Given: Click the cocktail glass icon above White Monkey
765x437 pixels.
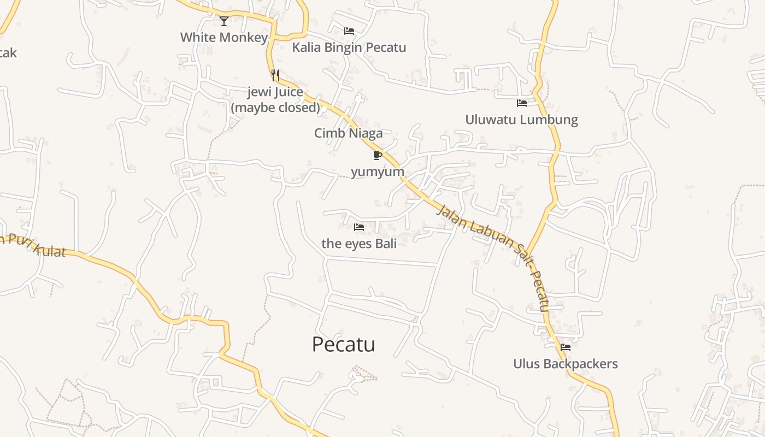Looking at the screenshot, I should [x=224, y=21].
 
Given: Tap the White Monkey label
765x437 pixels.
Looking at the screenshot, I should [x=224, y=38].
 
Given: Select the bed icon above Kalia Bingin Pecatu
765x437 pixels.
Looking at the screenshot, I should [x=349, y=31].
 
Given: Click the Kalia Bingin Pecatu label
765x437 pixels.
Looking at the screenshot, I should [x=349, y=48].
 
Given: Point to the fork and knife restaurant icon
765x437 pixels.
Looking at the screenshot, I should [x=275, y=75].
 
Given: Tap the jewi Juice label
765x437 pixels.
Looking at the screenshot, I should [x=275, y=92].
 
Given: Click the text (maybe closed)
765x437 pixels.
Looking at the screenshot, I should [x=275, y=108].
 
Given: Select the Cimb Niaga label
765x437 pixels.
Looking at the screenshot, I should [x=348, y=133].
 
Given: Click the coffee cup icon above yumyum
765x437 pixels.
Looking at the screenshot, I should [x=377, y=156].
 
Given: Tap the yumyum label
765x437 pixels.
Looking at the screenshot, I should [x=378, y=172].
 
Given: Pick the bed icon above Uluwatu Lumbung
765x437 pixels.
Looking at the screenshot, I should [x=522, y=103].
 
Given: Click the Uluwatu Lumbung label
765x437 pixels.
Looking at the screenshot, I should [x=522, y=120].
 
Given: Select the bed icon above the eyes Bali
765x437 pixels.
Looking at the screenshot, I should [x=359, y=227].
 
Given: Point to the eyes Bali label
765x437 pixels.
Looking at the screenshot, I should [x=359, y=244].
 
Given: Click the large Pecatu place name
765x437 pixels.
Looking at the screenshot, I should [x=344, y=345].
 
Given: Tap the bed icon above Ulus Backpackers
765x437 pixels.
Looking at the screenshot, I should [x=566, y=347].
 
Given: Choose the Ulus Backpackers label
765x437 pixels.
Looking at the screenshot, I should [x=566, y=364].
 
